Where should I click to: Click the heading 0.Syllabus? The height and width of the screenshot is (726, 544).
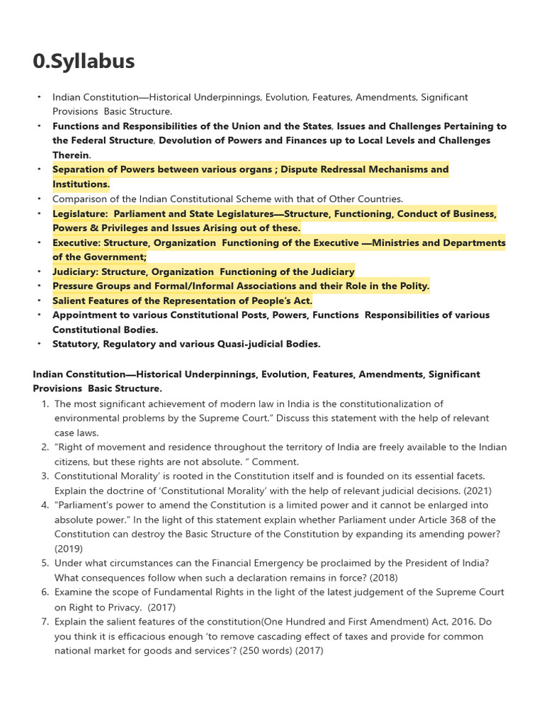84,62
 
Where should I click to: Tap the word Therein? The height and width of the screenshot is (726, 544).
71,155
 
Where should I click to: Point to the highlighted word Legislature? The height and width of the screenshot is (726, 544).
80,213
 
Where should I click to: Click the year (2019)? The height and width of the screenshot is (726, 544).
69,549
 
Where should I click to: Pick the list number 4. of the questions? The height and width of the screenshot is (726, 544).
45,506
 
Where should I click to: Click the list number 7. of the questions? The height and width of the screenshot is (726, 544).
45,622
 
